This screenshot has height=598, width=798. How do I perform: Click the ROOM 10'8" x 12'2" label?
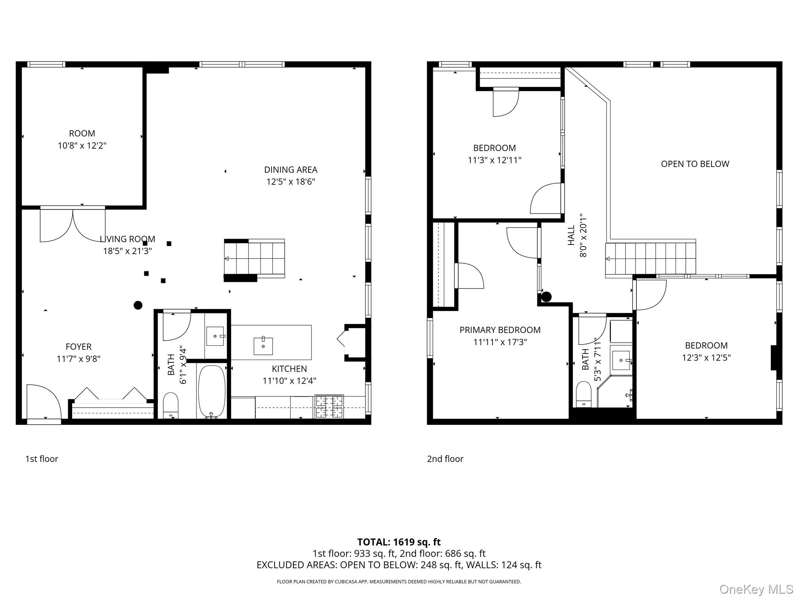[82, 139]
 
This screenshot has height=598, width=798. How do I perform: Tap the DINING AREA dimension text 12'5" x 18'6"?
[290, 182]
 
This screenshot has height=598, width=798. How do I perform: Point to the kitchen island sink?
[263, 346]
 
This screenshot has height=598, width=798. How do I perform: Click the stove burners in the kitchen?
[329, 406]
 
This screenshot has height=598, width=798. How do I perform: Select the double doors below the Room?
[72, 225]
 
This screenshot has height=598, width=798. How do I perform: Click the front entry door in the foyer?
[43, 403]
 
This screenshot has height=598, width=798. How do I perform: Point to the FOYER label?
[78, 346]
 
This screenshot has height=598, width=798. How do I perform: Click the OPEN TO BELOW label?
[695, 164]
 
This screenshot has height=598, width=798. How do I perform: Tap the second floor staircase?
[650, 259]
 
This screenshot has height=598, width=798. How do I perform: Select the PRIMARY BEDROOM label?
[500, 330]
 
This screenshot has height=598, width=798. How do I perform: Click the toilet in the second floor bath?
[583, 394]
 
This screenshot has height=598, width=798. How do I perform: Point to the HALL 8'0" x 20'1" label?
[577, 235]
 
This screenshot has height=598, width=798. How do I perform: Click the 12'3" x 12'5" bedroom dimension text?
[706, 357]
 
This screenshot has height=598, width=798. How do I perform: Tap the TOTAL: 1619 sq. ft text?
[399, 542]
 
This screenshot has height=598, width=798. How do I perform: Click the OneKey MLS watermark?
[756, 589]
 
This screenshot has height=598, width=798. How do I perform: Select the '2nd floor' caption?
[445, 459]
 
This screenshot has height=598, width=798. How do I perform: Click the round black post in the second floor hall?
[546, 297]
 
